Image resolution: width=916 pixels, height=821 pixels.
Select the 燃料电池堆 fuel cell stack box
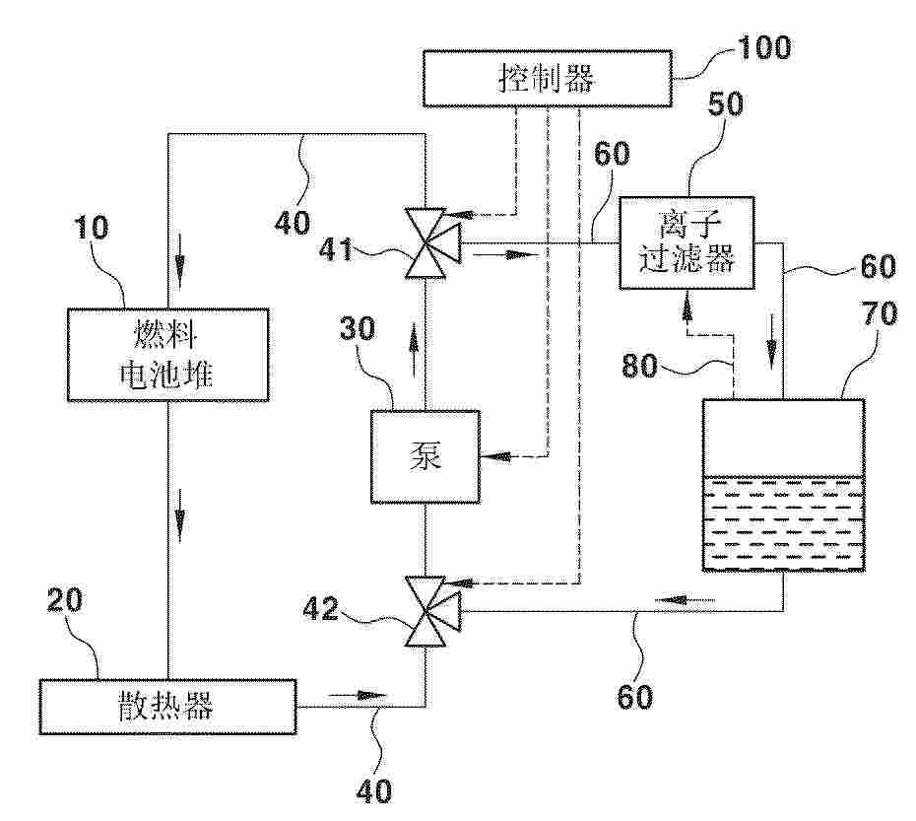167,357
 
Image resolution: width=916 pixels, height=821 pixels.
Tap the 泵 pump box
425,456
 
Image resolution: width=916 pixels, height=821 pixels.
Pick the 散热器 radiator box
167,706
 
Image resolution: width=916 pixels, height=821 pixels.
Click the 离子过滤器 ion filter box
686,242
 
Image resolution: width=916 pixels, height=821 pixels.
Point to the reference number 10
93,230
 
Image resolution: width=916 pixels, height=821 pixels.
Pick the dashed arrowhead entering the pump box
489,456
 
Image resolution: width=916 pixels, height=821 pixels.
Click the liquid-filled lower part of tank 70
783,523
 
